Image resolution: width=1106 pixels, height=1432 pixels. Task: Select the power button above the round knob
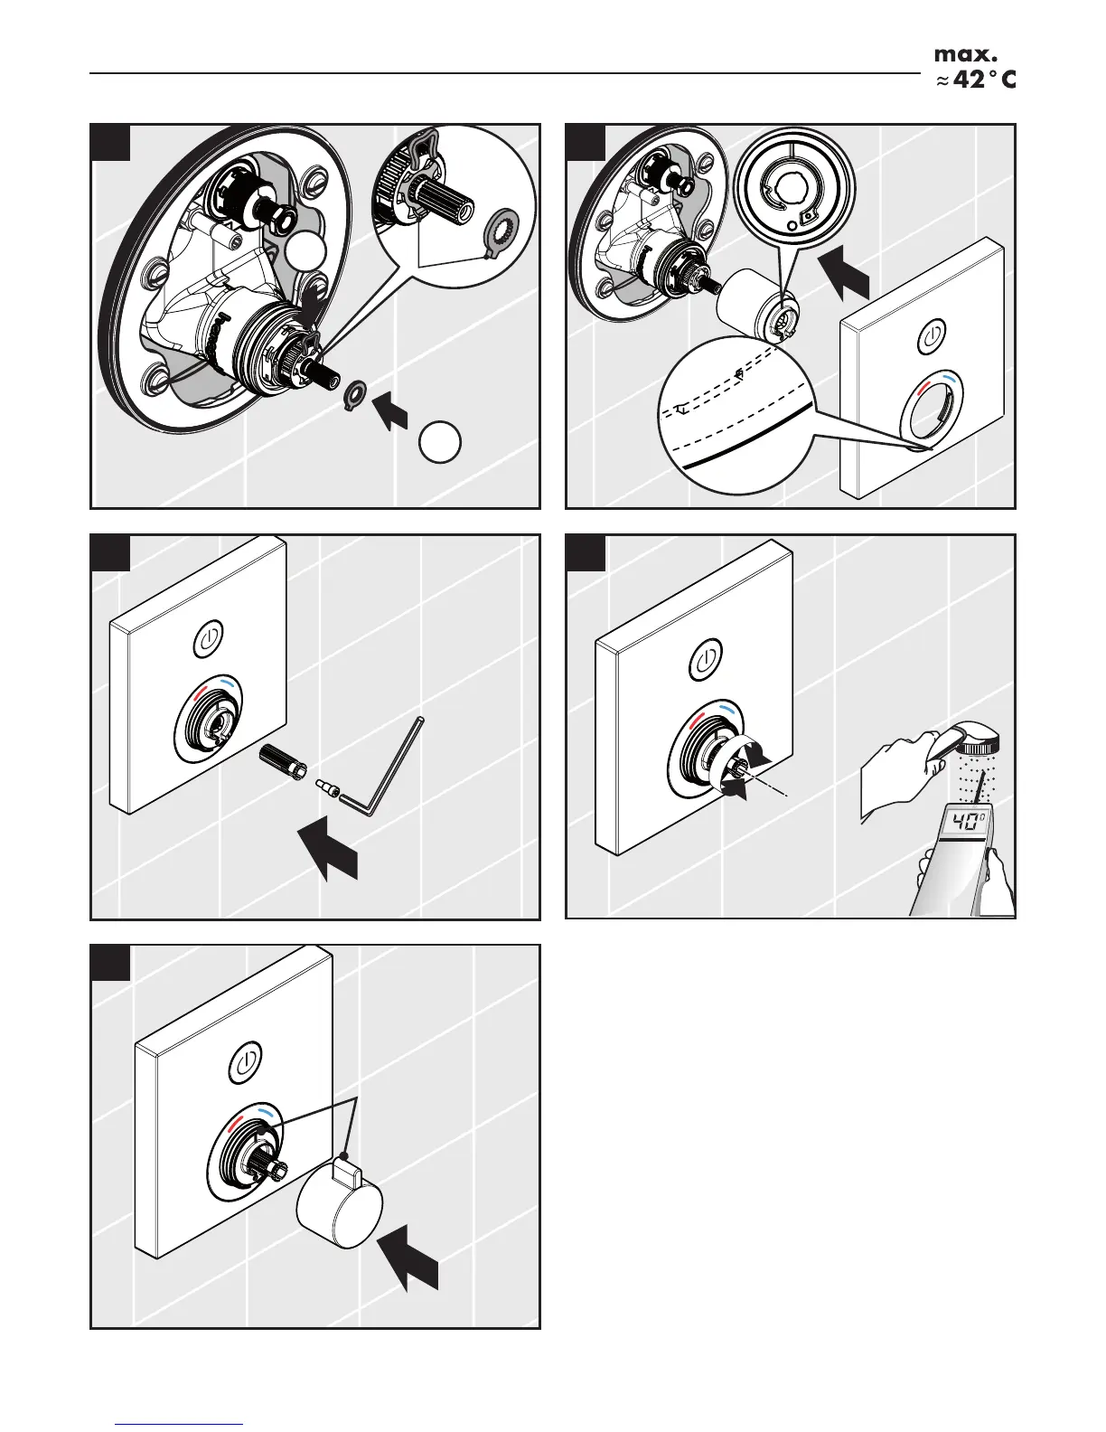248,1060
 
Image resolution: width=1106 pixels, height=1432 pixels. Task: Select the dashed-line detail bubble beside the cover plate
736,412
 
